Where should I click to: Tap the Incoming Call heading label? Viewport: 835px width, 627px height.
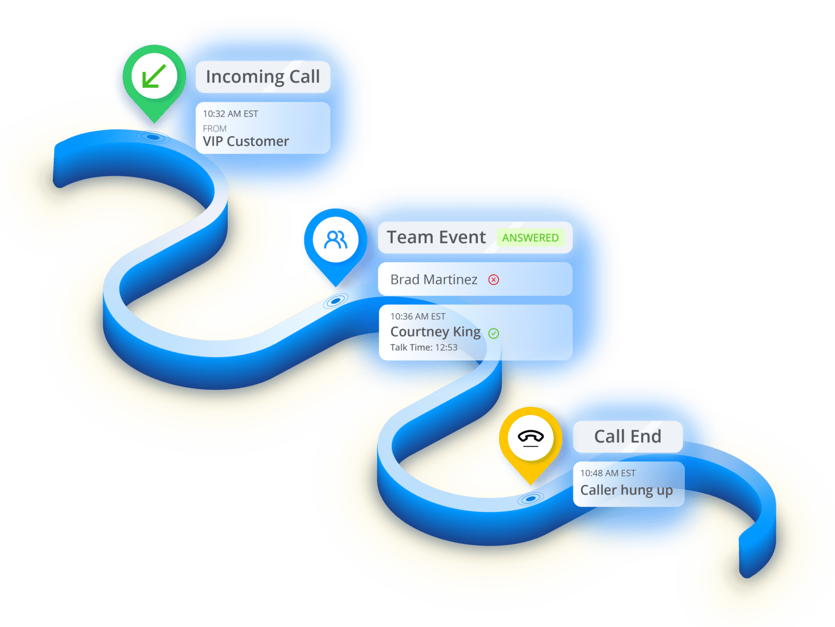263,77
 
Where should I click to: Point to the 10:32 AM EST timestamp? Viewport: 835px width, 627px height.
230,114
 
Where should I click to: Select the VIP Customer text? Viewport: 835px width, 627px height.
246,141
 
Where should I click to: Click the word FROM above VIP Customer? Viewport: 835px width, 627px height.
215,128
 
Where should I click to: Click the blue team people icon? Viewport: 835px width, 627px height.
335,239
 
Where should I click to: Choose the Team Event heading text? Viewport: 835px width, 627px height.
436,238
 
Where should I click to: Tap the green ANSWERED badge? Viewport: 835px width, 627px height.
530,238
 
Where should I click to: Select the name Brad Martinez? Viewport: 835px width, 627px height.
434,280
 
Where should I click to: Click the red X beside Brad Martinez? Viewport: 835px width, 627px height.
494,280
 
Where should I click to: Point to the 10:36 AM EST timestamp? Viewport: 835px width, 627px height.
417,316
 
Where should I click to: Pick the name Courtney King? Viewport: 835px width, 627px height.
435,332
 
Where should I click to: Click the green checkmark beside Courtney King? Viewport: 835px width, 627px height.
494,333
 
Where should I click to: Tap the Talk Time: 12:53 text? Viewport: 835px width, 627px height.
423,347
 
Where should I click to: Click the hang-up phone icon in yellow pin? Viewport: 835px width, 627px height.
531,437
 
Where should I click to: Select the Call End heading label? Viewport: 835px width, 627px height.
627,436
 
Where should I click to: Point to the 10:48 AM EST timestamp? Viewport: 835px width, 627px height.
608,473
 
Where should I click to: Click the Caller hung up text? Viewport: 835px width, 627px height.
626,490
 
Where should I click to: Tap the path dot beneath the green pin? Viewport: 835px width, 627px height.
154,137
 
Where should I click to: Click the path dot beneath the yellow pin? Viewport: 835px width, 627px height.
531,498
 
